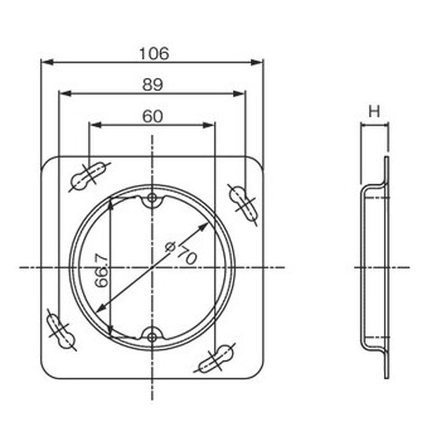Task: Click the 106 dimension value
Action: click(154, 53)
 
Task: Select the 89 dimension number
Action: click(153, 84)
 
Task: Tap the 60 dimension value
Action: click(153, 116)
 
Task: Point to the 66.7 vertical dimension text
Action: click(101, 270)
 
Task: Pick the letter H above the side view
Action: click(374, 112)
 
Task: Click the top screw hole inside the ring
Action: click(152, 198)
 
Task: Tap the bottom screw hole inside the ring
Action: click(152, 337)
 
